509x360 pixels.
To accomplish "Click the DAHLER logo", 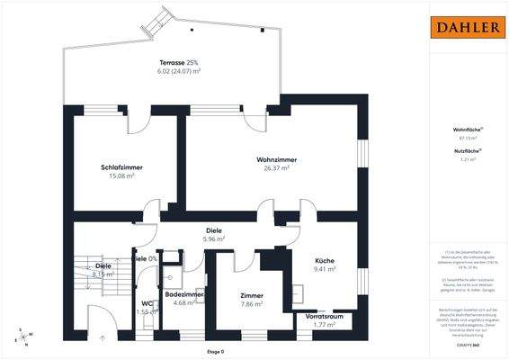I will click(468, 28).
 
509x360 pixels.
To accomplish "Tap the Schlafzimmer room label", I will click(122, 167).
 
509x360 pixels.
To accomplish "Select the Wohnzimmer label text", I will click(275, 159).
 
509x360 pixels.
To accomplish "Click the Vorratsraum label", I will click(325, 318).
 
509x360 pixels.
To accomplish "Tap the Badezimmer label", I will click(184, 294).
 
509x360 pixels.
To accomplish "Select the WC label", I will click(147, 303).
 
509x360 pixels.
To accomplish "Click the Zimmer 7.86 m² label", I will click(251, 295).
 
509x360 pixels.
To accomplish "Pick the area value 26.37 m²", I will click(275, 168).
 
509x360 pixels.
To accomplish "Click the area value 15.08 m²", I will click(122, 176).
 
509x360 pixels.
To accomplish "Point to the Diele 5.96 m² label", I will click(213, 229).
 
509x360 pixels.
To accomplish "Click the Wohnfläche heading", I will click(467, 130).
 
